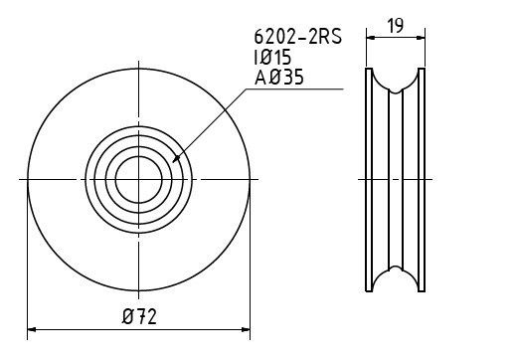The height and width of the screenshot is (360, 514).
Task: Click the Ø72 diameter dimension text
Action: pyautogui.click(x=139, y=316)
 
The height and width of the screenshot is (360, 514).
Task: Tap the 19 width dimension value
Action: pyautogui.click(x=396, y=26)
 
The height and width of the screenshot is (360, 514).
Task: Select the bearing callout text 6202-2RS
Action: pyautogui.click(x=297, y=37)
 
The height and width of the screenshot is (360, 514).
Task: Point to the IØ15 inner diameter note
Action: pyautogui.click(x=272, y=57)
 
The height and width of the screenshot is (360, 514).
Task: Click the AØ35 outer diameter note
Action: pyautogui.click(x=279, y=78)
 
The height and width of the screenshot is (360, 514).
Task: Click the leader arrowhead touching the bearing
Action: pyautogui.click(x=176, y=159)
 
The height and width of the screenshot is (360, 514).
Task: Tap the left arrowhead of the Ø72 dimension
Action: pyautogui.click(x=32, y=329)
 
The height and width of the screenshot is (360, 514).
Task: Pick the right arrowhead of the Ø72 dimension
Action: pyautogui.click(x=246, y=329)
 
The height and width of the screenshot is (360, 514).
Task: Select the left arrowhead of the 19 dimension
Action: pyautogui.click(x=371, y=38)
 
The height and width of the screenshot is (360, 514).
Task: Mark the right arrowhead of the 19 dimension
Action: pyautogui.click(x=421, y=38)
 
